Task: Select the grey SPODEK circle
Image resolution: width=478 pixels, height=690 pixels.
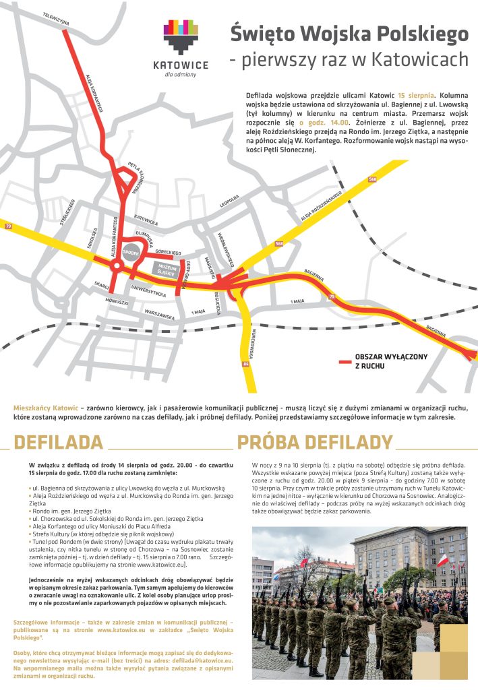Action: click(x=131, y=251)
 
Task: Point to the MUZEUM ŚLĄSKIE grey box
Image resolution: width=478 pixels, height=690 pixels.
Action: click(x=167, y=270)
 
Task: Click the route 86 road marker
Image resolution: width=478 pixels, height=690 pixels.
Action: click(x=246, y=364)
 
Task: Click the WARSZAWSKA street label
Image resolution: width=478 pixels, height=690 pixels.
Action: click(x=160, y=315)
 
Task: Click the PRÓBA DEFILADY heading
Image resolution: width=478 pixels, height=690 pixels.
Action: click(x=314, y=442)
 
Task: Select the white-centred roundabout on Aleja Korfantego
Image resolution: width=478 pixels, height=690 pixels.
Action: click(x=116, y=266)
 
